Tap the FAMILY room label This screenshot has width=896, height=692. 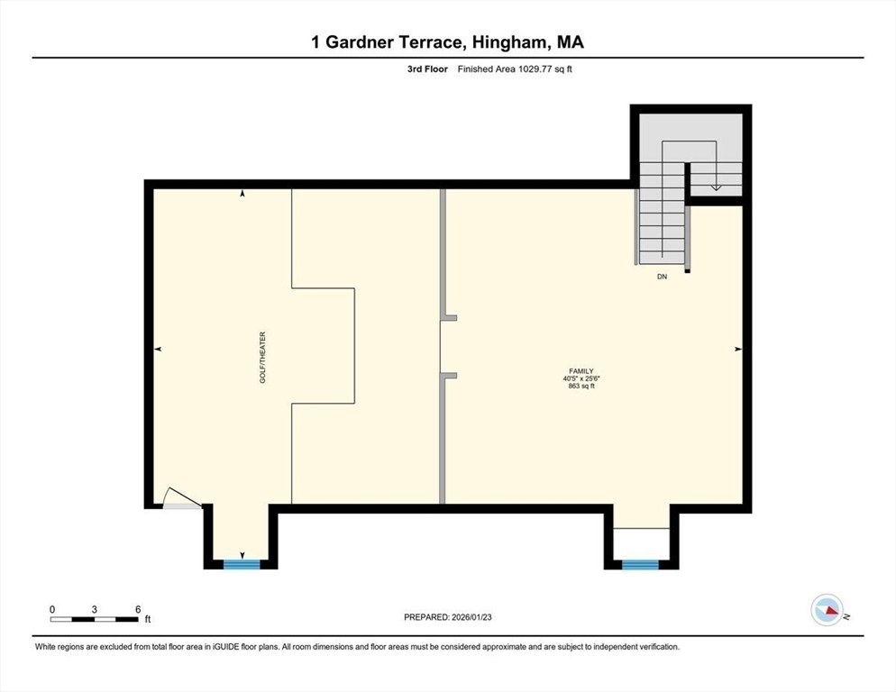tap(581, 371)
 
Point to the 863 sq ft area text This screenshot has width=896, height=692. tap(581, 387)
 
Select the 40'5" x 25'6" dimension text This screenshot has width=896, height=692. tap(581, 379)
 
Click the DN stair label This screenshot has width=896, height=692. tap(662, 278)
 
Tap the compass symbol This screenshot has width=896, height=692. tap(827, 611)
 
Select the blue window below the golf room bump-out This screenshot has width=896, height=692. tap(242, 564)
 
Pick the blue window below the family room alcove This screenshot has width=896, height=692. tap(640, 564)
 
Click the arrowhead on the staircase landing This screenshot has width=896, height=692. tap(717, 187)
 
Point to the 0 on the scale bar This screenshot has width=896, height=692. tap(52, 609)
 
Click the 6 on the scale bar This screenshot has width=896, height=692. tap(138, 609)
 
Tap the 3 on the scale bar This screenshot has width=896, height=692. tap(95, 609)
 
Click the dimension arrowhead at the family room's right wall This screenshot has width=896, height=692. tap(737, 349)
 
